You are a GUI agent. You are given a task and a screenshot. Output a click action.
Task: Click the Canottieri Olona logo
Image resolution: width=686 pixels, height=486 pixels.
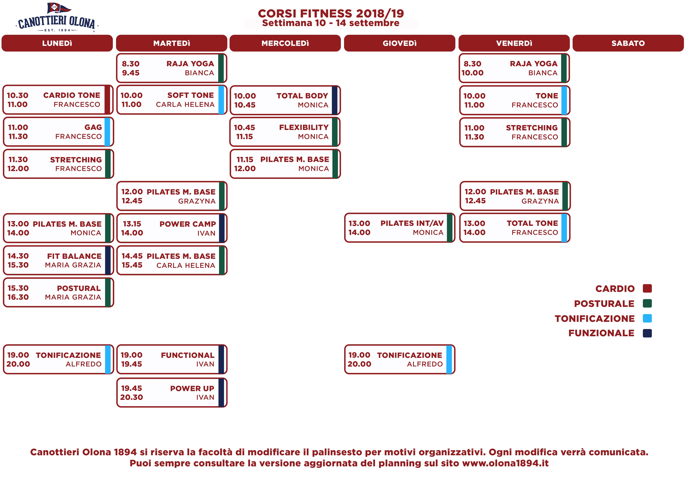57,17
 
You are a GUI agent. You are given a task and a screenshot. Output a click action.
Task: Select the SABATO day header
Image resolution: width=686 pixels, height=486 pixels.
628,43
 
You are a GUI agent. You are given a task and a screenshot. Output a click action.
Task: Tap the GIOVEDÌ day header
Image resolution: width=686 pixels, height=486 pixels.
399,43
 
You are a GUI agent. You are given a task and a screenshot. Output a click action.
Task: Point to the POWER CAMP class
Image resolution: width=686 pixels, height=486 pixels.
172,228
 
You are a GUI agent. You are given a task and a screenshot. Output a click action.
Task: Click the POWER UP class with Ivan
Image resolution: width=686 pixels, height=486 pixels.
172,393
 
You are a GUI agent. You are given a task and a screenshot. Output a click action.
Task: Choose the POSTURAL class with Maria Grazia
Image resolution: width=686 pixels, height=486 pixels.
58,292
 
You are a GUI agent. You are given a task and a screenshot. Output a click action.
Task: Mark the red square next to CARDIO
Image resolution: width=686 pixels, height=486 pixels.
647,288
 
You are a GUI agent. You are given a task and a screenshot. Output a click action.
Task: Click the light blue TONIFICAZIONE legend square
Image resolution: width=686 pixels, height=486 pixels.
647,318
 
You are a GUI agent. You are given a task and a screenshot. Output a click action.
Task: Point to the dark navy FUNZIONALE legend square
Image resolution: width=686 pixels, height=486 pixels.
647,333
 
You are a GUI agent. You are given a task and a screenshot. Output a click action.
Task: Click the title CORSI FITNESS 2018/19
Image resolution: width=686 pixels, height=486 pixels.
331,13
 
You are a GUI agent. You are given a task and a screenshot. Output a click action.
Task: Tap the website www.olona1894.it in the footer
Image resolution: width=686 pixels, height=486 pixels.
505,463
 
